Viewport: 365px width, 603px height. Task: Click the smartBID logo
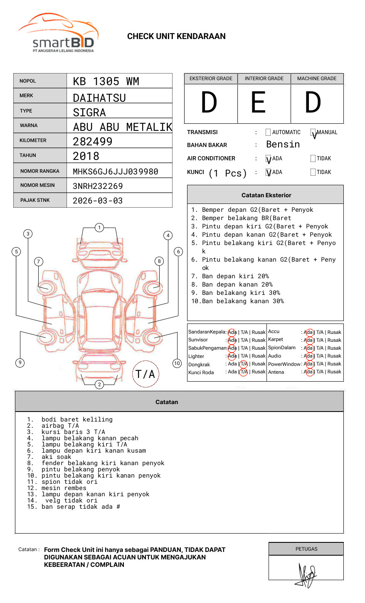point(59,33)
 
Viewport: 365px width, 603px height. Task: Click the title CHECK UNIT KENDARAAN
point(176,37)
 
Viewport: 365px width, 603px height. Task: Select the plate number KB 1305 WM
point(106,81)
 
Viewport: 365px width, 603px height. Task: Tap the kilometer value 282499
point(93,142)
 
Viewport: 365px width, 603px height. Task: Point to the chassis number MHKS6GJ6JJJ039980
point(116,172)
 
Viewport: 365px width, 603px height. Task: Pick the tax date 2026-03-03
point(98,201)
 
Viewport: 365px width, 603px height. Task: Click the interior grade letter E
point(258,103)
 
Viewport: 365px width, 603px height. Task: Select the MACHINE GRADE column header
point(317,78)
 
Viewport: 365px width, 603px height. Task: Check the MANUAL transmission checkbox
point(313,133)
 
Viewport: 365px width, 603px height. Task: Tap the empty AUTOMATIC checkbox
point(268,132)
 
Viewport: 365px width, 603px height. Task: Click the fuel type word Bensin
point(283,145)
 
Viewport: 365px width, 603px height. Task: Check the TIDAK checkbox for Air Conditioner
point(313,159)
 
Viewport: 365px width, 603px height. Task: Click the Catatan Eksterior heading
point(266,195)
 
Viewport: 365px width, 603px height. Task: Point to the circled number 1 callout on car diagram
point(99,228)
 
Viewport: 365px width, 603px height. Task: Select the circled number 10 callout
point(177,363)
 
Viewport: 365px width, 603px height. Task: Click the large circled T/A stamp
point(146,374)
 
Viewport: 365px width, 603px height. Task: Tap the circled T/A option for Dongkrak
point(244,364)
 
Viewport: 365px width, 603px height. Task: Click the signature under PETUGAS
point(307,575)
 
